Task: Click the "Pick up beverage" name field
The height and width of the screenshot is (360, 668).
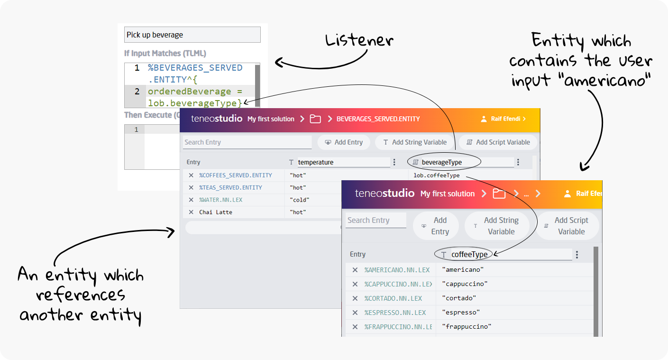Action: pos(192,35)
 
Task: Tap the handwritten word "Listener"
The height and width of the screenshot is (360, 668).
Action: pos(359,41)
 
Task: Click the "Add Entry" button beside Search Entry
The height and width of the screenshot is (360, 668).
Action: pos(344,142)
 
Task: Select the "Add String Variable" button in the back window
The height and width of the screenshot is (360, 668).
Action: pos(414,142)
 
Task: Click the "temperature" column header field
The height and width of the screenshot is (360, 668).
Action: pos(343,162)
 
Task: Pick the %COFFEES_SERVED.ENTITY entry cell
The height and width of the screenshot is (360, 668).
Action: pos(235,175)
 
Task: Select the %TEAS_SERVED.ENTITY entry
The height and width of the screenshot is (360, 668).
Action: pos(230,188)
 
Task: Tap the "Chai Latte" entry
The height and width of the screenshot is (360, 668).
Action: pos(216,212)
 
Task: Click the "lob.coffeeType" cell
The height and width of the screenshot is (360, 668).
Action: pos(436,175)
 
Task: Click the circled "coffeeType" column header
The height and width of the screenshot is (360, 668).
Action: pos(469,255)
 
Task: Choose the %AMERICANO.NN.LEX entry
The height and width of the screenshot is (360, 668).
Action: pos(397,270)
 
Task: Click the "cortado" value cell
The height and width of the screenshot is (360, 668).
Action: pos(458,298)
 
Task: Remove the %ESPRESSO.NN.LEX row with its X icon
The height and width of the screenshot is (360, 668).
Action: pos(355,313)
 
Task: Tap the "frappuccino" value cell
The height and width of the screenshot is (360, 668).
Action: pos(466,327)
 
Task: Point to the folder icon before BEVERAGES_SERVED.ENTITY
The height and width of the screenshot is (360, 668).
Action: pos(315,119)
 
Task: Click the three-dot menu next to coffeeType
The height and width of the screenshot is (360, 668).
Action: pos(577,255)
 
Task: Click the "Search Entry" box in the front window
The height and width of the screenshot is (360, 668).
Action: pos(375,220)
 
